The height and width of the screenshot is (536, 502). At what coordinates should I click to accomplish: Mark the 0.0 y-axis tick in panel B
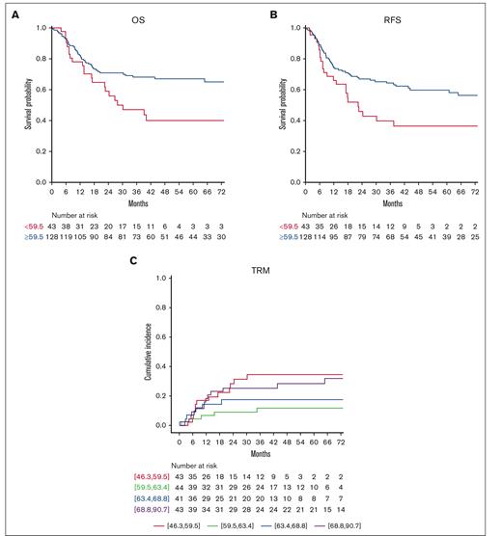pyautogui.click(x=293, y=181)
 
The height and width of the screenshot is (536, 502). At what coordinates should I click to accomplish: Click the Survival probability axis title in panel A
pyautogui.click(x=19, y=104)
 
